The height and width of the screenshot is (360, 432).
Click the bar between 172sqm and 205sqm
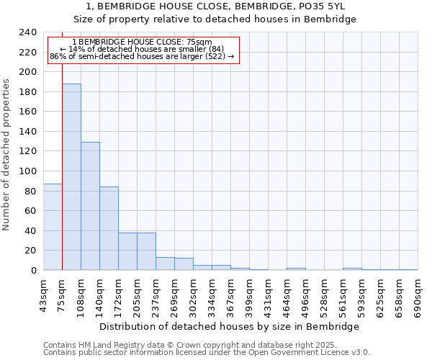127,251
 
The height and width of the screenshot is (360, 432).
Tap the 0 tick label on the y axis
33,271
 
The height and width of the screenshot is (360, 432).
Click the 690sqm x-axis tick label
418,296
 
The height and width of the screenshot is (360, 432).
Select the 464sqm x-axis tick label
287,296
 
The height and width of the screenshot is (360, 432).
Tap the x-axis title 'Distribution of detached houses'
230,327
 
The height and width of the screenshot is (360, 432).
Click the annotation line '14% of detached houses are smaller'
142,49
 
